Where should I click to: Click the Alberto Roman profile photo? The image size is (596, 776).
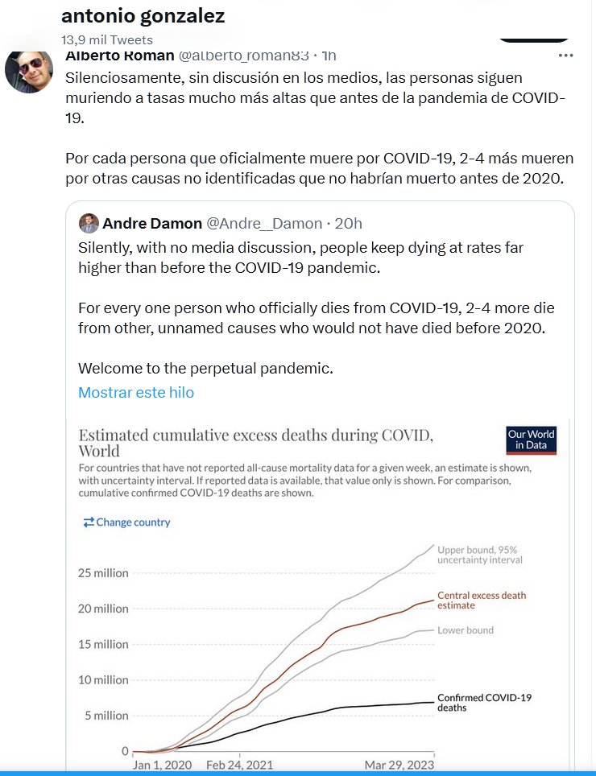29,70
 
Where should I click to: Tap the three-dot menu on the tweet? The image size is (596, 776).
566,56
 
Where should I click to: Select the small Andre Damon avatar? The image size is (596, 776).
89,223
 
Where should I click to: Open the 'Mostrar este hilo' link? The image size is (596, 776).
136,393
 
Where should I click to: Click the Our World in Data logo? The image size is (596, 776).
531,440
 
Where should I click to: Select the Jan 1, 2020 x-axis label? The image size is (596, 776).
162,765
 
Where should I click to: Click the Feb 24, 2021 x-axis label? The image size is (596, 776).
240,765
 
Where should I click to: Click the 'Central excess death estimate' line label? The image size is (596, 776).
481,601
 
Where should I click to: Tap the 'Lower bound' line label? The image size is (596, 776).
466,630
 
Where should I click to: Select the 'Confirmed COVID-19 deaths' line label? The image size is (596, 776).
484,702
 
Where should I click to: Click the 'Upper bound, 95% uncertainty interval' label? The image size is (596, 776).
480,555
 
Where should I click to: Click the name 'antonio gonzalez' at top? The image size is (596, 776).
143,16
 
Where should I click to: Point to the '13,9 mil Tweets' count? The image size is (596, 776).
107,39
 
